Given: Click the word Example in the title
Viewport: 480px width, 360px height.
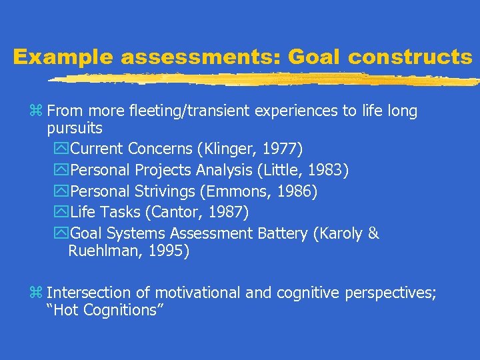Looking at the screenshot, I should click(x=63, y=57).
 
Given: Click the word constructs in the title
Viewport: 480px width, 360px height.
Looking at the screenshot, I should click(x=409, y=57).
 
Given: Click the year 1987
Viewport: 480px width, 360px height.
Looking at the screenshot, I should click(x=229, y=213).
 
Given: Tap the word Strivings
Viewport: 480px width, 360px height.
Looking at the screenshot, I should click(x=163, y=191).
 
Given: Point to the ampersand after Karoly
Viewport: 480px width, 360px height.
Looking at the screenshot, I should click(x=373, y=233).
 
